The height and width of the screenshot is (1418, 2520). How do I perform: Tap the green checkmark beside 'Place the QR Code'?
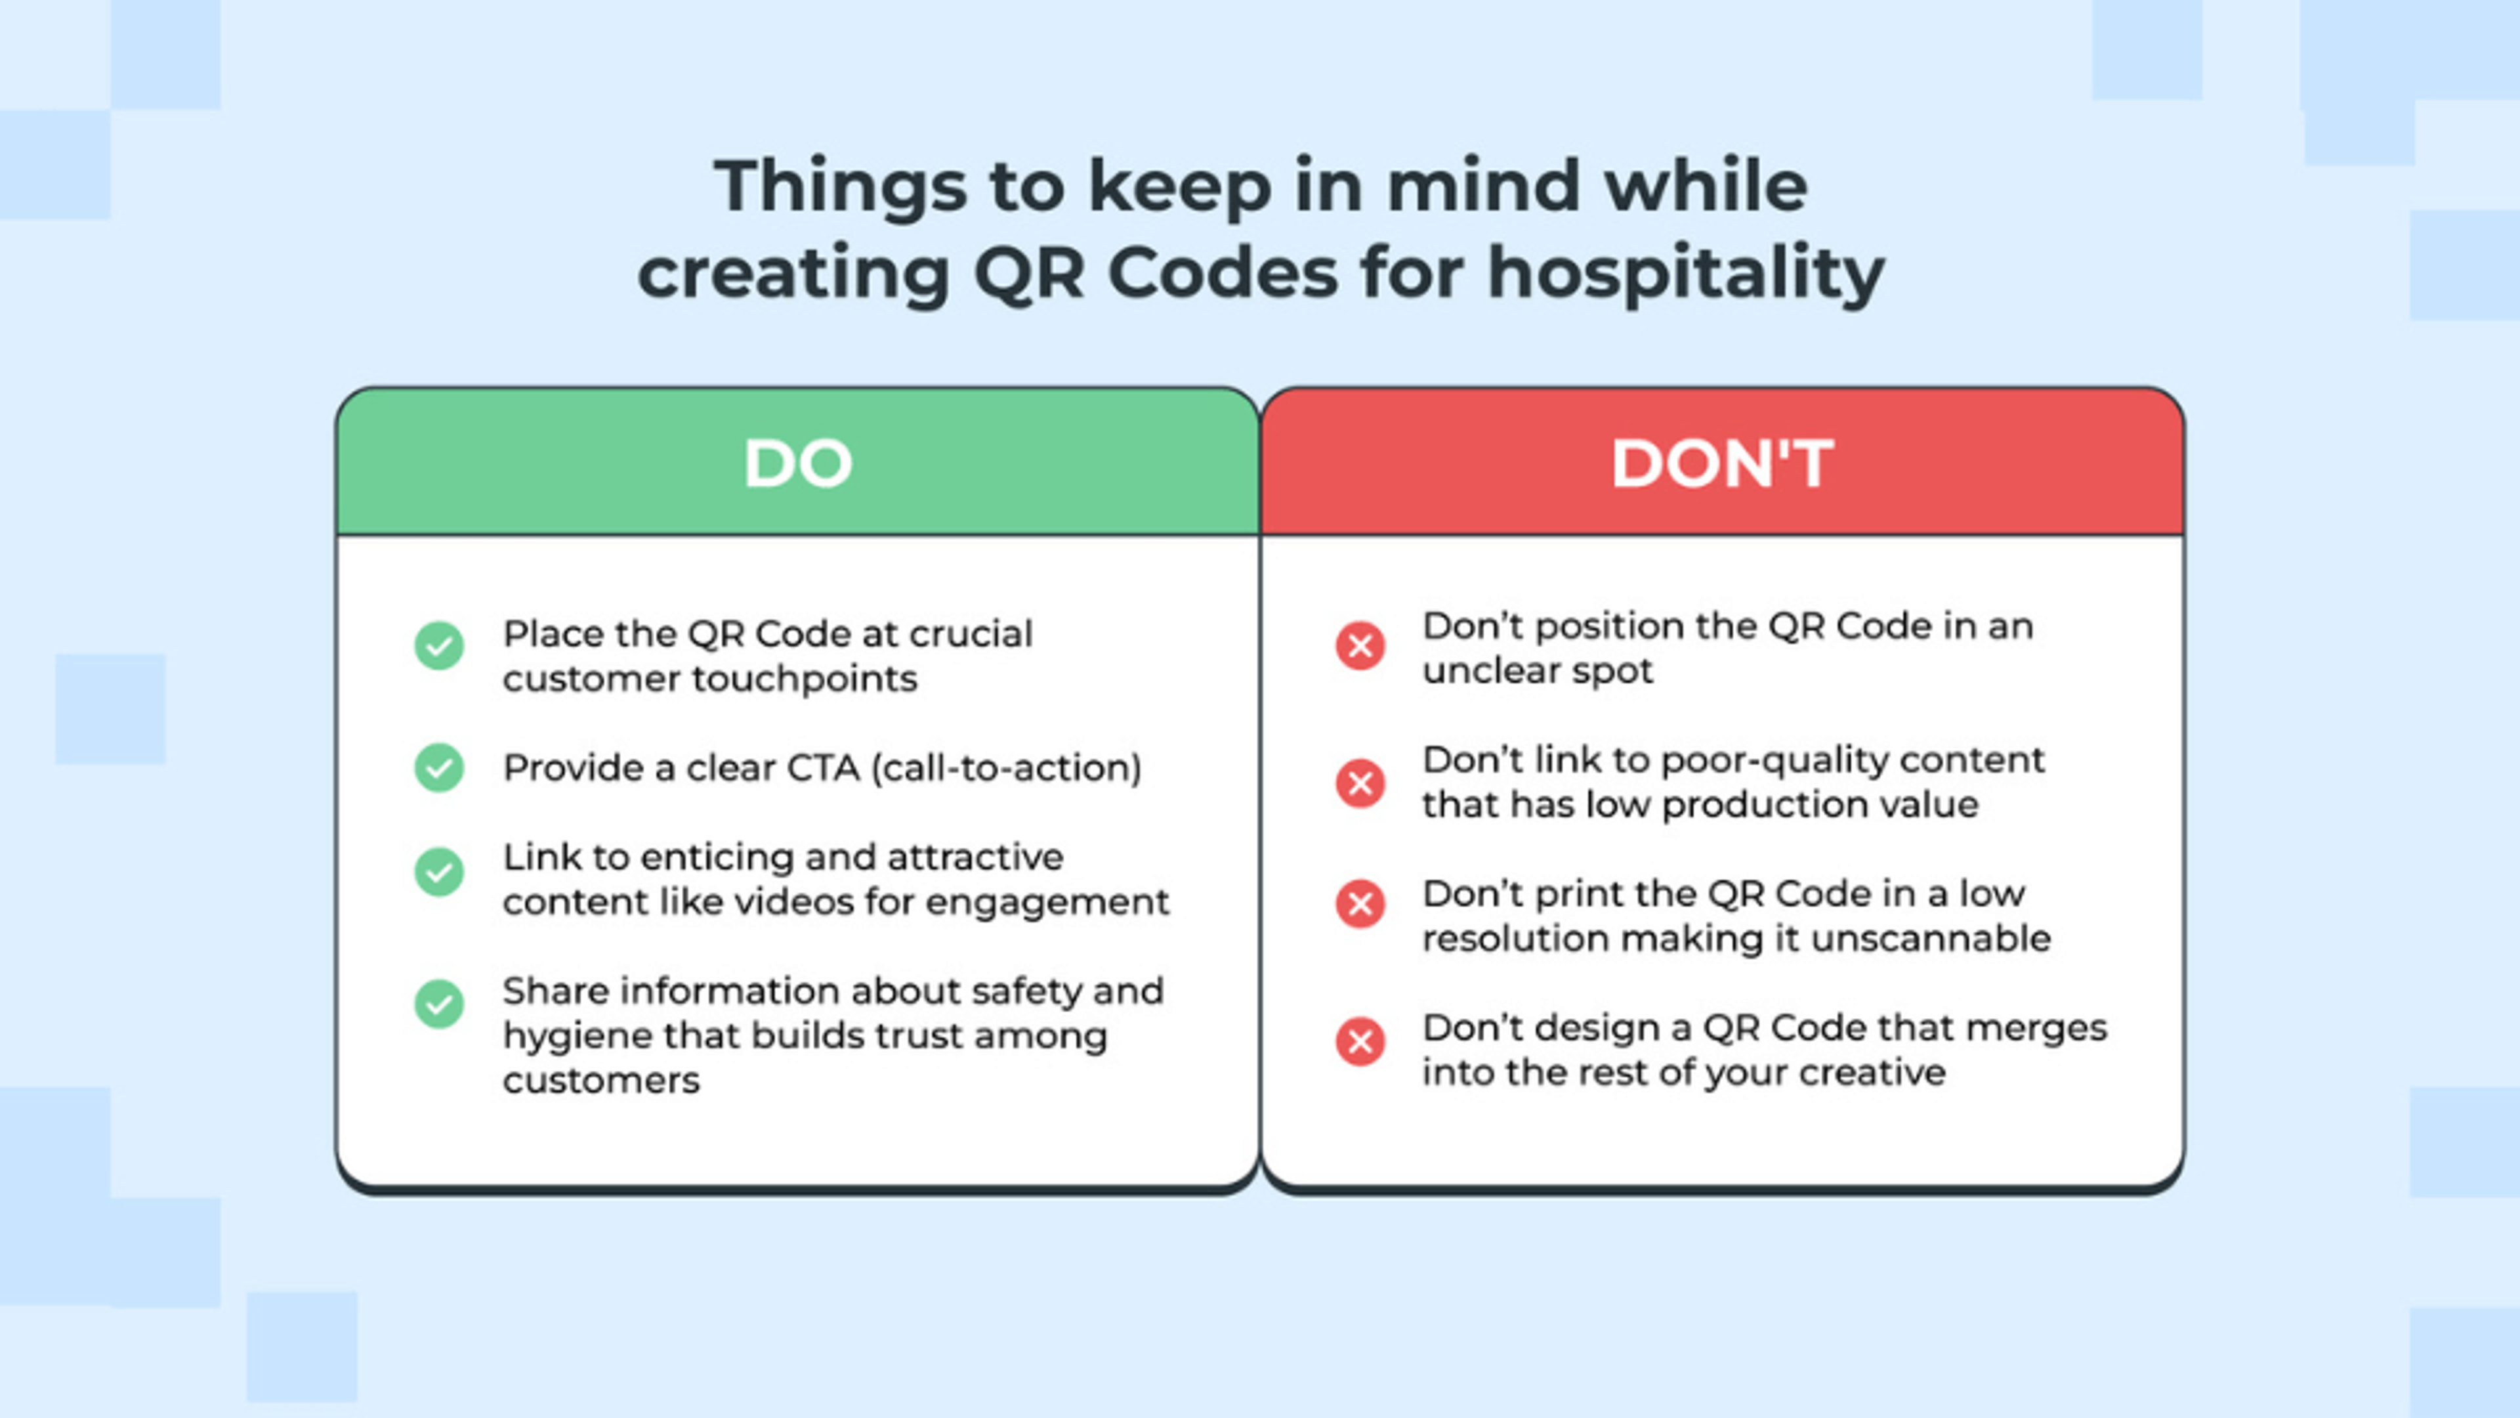439,646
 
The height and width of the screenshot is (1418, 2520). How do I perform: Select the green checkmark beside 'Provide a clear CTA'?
439,768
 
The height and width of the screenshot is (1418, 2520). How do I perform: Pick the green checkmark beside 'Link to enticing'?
439,872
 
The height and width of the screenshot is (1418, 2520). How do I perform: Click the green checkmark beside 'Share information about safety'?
439,1004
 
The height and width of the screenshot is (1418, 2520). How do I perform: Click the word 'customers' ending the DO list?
602,1081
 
